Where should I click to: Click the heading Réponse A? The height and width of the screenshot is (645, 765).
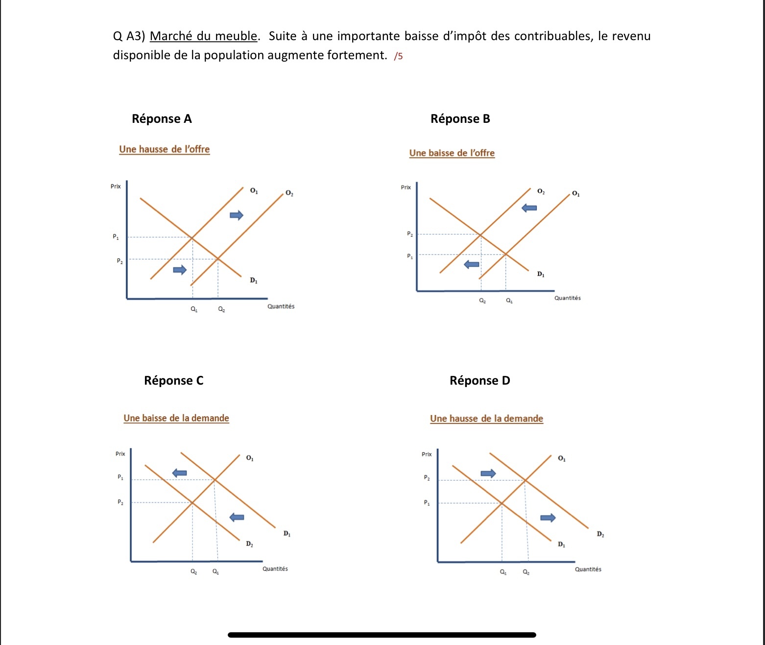[162, 119]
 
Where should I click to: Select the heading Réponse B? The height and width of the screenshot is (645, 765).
[460, 119]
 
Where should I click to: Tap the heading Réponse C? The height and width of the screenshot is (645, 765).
[173, 381]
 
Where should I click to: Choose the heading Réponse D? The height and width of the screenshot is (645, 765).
[479, 381]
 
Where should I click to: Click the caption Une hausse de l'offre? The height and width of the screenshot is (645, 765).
[164, 149]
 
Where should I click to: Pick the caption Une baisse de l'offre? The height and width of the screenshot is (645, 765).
[452, 153]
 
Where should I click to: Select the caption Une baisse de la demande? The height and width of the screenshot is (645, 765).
[176, 418]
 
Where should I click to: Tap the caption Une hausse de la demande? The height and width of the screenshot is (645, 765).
[486, 419]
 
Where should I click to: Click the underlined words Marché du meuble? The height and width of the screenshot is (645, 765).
[203, 36]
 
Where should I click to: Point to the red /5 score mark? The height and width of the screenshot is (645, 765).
[398, 56]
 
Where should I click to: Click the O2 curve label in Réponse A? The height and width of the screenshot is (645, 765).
[289, 193]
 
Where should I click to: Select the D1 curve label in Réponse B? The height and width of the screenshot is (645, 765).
[540, 274]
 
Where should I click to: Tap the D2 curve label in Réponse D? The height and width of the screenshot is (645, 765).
[600, 534]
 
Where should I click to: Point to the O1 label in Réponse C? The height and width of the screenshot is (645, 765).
[250, 458]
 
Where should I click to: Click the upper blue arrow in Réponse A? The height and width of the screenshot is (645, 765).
[237, 215]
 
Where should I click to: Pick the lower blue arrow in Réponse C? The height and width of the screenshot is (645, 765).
[237, 517]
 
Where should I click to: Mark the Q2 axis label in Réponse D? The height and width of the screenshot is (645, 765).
[526, 572]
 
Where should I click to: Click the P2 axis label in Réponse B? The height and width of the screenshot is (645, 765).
[410, 234]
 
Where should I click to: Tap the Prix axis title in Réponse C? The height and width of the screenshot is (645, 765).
[120, 454]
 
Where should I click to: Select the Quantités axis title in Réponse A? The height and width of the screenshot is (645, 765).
[281, 306]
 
